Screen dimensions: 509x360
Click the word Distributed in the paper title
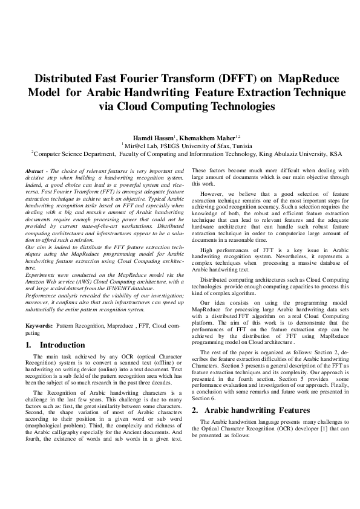[x=65, y=79]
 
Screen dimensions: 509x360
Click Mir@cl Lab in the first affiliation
[x=141, y=146]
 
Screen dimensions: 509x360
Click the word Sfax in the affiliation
[x=209, y=146]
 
